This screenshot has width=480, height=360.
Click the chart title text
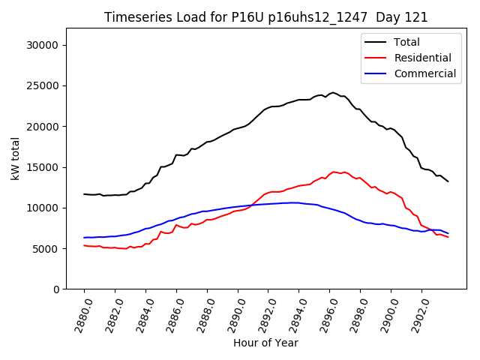(x=265, y=17)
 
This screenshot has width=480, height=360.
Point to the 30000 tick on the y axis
(x=43, y=45)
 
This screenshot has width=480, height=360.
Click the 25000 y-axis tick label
(x=43, y=85)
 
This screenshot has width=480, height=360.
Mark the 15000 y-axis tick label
(x=43, y=167)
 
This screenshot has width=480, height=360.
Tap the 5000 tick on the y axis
(x=46, y=248)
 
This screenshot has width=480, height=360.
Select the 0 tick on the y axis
(x=55, y=289)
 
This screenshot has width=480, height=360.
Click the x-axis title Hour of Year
(x=265, y=343)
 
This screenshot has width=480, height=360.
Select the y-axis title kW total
(x=15, y=159)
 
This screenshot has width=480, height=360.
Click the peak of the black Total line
(x=333, y=93)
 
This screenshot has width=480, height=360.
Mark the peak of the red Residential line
(x=334, y=172)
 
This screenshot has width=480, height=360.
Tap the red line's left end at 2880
(x=84, y=245)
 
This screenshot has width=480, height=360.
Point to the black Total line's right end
(x=448, y=181)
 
